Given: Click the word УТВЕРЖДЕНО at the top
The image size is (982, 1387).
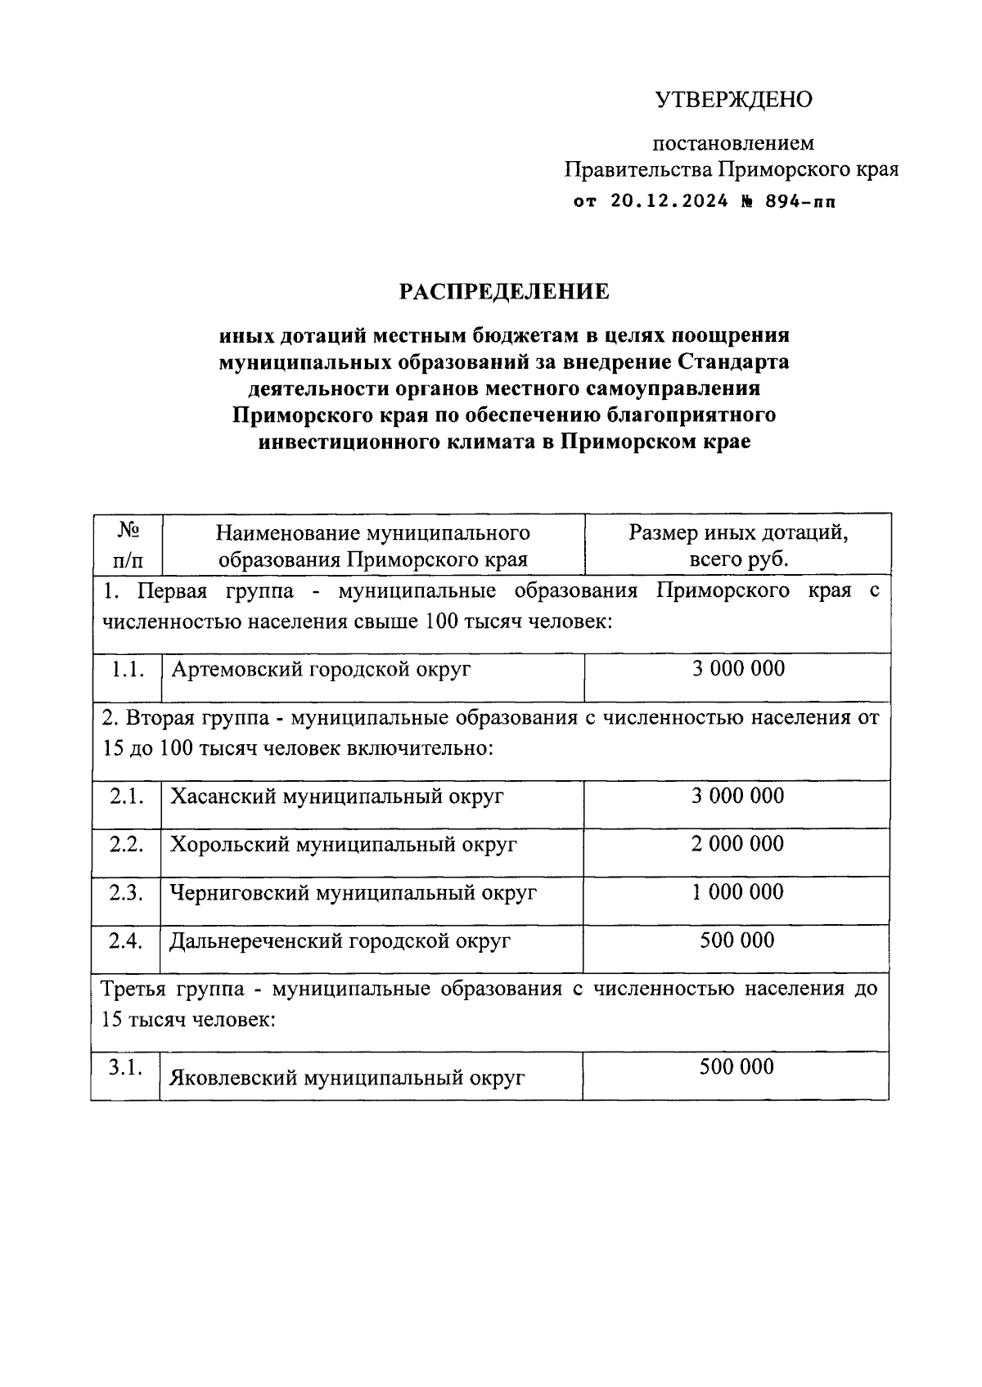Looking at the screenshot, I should click(733, 100).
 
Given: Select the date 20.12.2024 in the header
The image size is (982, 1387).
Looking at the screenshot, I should click(669, 201).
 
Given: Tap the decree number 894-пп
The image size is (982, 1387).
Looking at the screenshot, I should click(800, 201).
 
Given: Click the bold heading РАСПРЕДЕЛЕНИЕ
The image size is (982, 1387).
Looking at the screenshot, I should click(504, 291).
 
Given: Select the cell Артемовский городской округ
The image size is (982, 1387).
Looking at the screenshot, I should click(321, 670).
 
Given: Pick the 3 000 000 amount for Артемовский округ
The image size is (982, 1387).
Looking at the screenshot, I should click(738, 668).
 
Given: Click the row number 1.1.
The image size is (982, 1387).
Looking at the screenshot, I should click(128, 669).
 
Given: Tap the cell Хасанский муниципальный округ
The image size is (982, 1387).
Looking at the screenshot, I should click(336, 797).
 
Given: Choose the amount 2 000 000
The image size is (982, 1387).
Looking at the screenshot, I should click(737, 843).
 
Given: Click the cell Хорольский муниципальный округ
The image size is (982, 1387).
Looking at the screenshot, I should click(343, 845).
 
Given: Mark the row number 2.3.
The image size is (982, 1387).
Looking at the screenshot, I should click(127, 892).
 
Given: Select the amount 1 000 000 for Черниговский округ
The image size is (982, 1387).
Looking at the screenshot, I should click(737, 891).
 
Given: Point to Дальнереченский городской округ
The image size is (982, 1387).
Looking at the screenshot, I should click(340, 941).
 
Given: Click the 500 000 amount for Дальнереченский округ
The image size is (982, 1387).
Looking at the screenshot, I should click(736, 940).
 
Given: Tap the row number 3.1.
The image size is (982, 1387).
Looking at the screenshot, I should click(126, 1068).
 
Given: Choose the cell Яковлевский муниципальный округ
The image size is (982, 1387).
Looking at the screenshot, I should click(346, 1078).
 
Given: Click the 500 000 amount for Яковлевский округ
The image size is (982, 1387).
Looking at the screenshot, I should click(736, 1066).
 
